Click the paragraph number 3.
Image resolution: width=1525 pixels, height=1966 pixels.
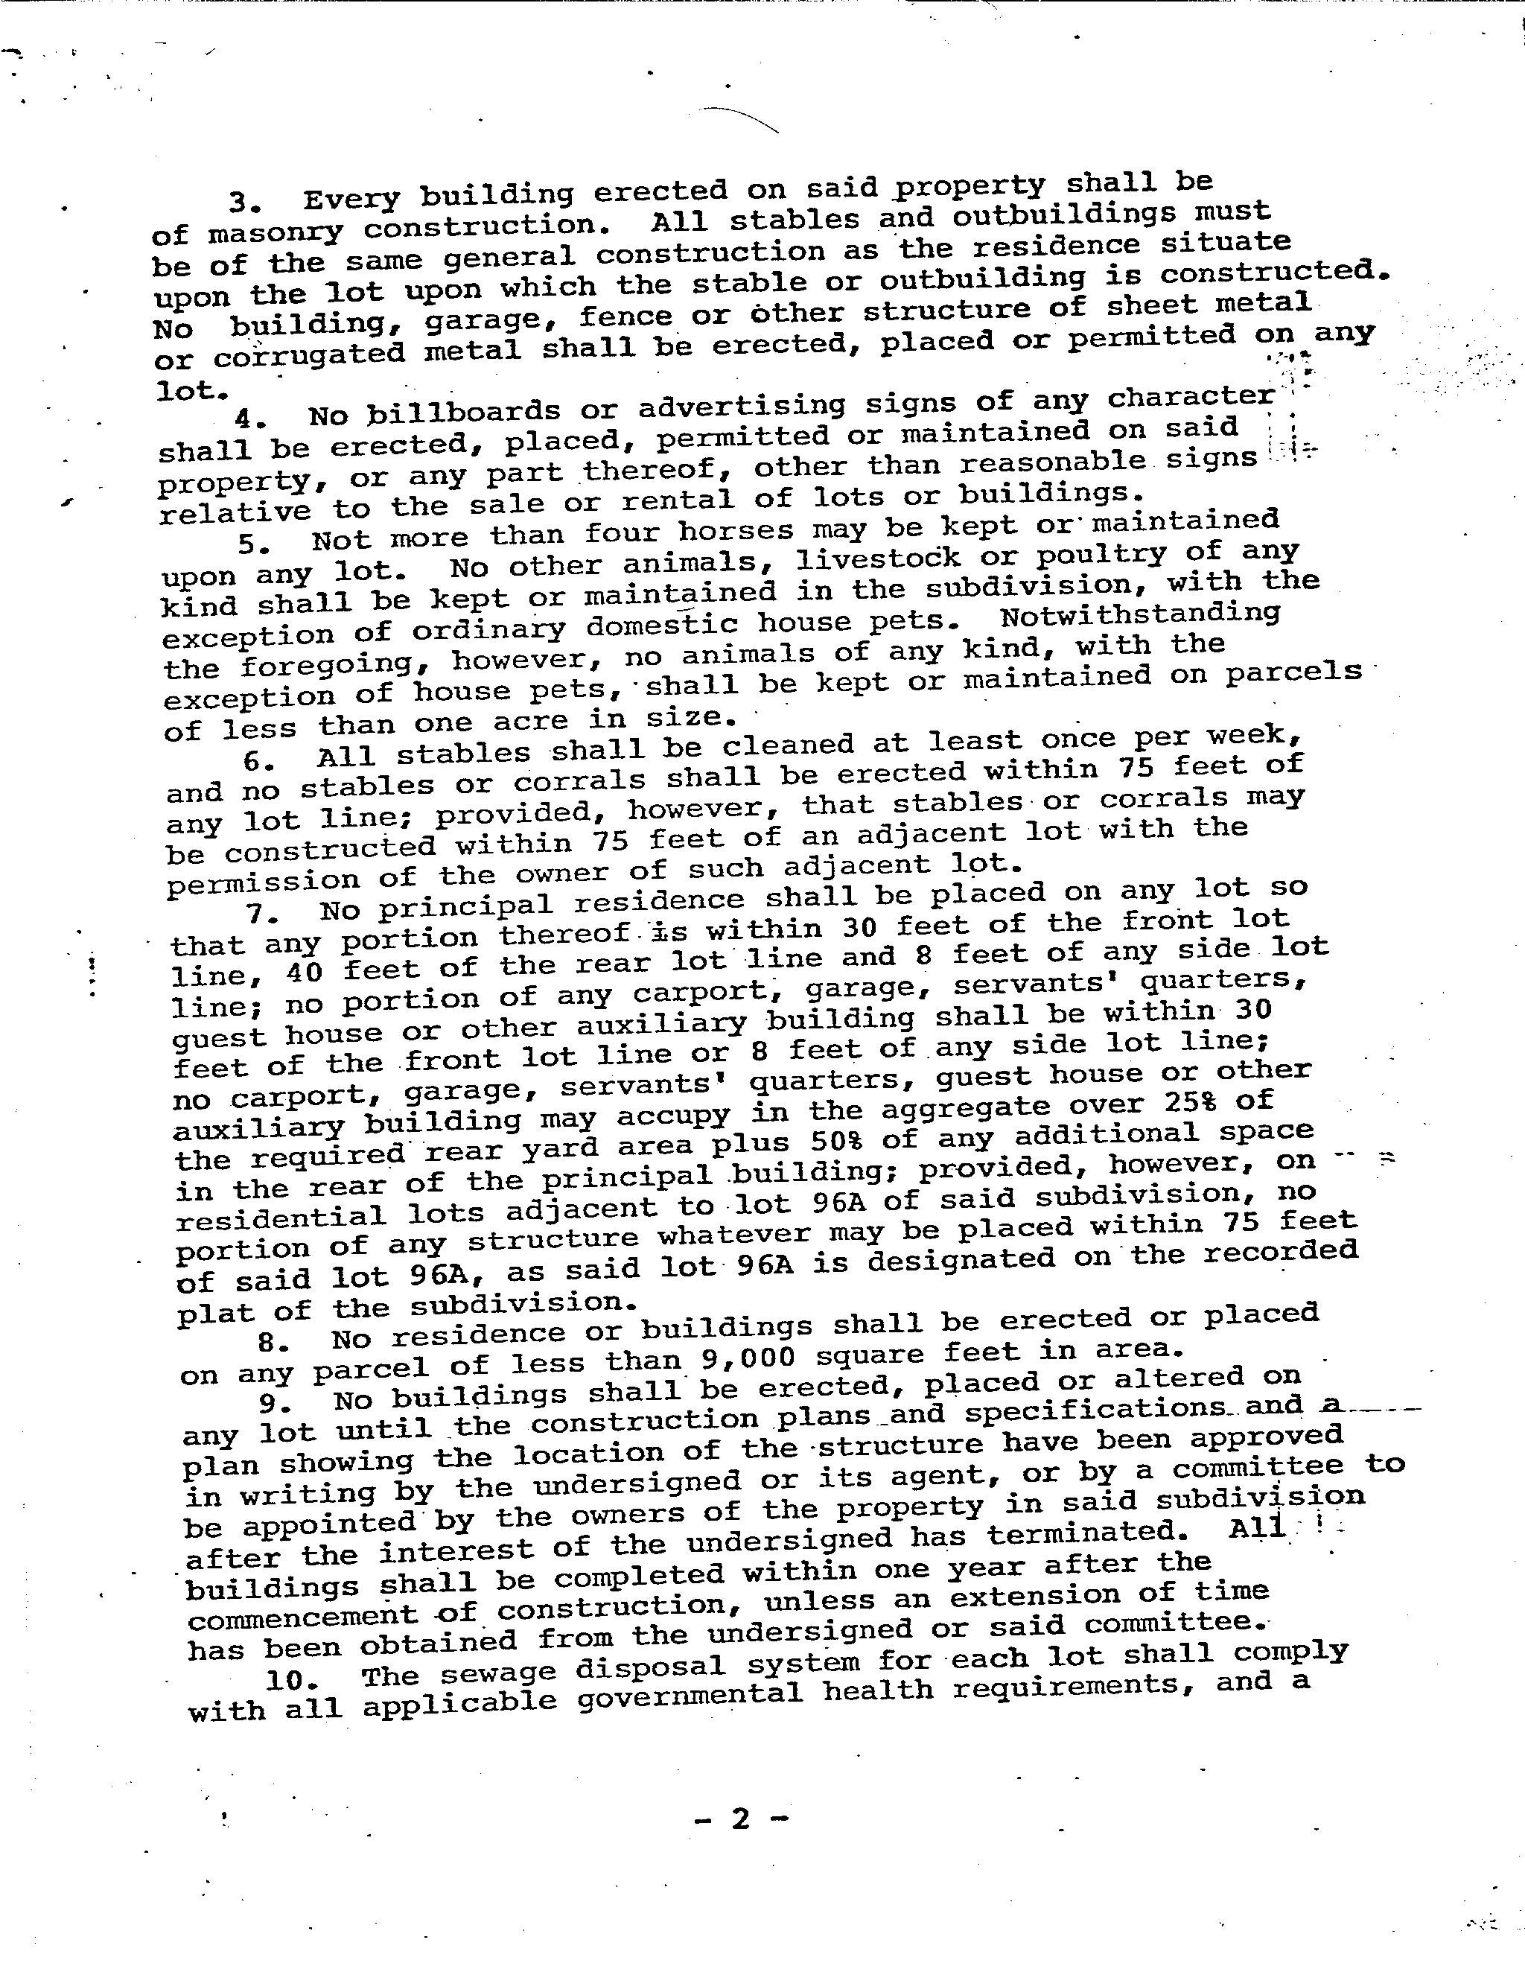(241, 201)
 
